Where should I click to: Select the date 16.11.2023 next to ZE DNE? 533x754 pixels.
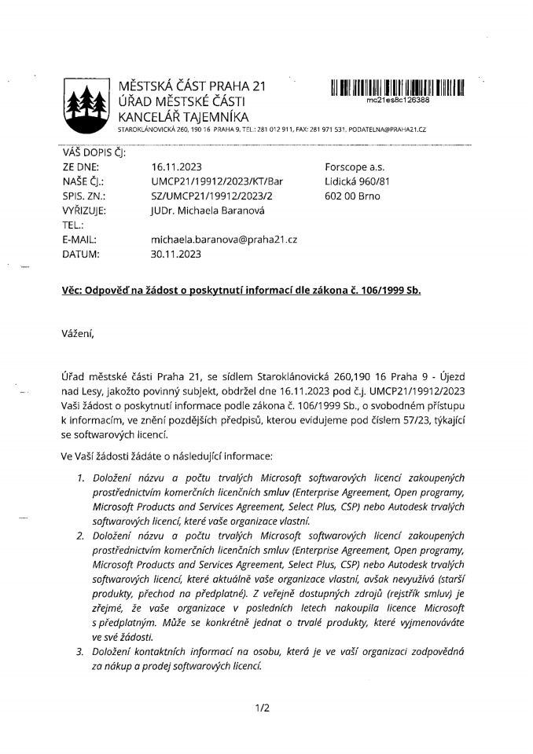[178, 167]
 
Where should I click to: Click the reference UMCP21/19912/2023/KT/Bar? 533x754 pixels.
[216, 181]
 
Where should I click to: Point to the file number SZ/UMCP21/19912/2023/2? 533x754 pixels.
[211, 196]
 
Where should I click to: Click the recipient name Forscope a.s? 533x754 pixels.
[355, 167]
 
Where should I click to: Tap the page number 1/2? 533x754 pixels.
[263, 708]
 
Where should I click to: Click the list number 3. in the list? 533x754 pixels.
[80, 651]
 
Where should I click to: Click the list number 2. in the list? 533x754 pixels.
[80, 536]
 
